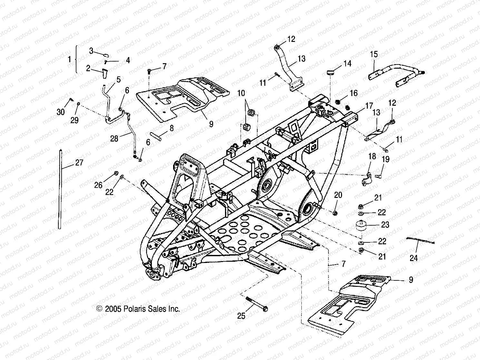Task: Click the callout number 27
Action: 79,162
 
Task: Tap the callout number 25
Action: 241,316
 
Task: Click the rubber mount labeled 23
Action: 361,225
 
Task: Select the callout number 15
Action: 374,54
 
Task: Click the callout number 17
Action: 369,105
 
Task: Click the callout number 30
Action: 61,112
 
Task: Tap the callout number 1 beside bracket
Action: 69,60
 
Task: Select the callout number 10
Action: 241,93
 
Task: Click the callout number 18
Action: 372,156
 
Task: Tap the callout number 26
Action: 98,185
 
